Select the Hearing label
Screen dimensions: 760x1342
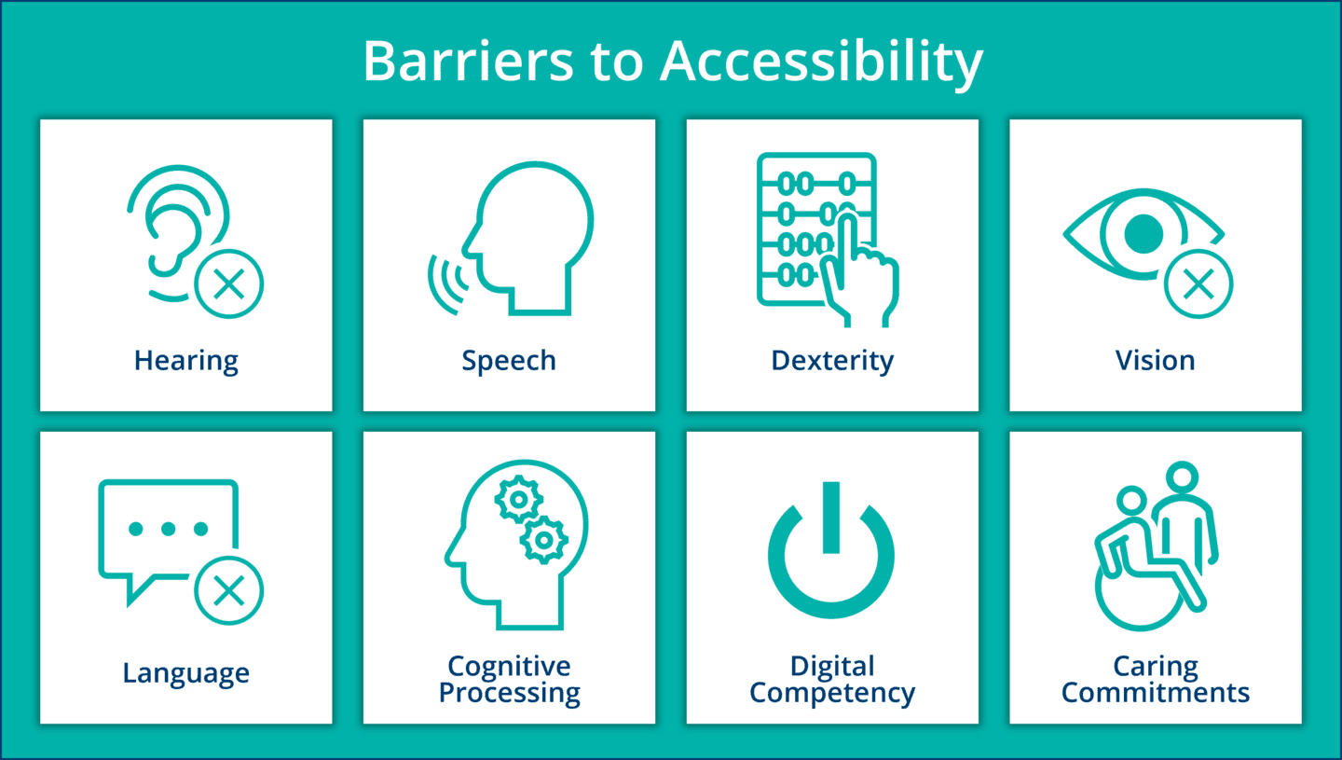pyautogui.click(x=186, y=361)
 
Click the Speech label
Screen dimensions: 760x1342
pyautogui.click(x=509, y=361)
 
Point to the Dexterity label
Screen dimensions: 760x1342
pyautogui.click(x=832, y=361)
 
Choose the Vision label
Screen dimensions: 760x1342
pyautogui.click(x=1155, y=361)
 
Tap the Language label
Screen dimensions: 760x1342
pyautogui.click(x=186, y=672)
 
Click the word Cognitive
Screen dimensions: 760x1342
pyautogui.click(x=509, y=666)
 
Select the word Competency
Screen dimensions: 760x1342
pyautogui.click(x=832, y=694)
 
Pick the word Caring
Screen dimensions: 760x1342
pyautogui.click(x=1156, y=666)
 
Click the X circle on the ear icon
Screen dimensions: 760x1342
pyautogui.click(x=228, y=283)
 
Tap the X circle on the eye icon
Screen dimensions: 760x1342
pyautogui.click(x=1198, y=283)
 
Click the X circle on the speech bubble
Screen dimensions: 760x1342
pyautogui.click(x=228, y=590)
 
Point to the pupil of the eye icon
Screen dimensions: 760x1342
pyautogui.click(x=1143, y=233)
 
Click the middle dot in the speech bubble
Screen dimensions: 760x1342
pyautogui.click(x=169, y=529)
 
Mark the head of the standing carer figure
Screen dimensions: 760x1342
pyautogui.click(x=1182, y=477)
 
